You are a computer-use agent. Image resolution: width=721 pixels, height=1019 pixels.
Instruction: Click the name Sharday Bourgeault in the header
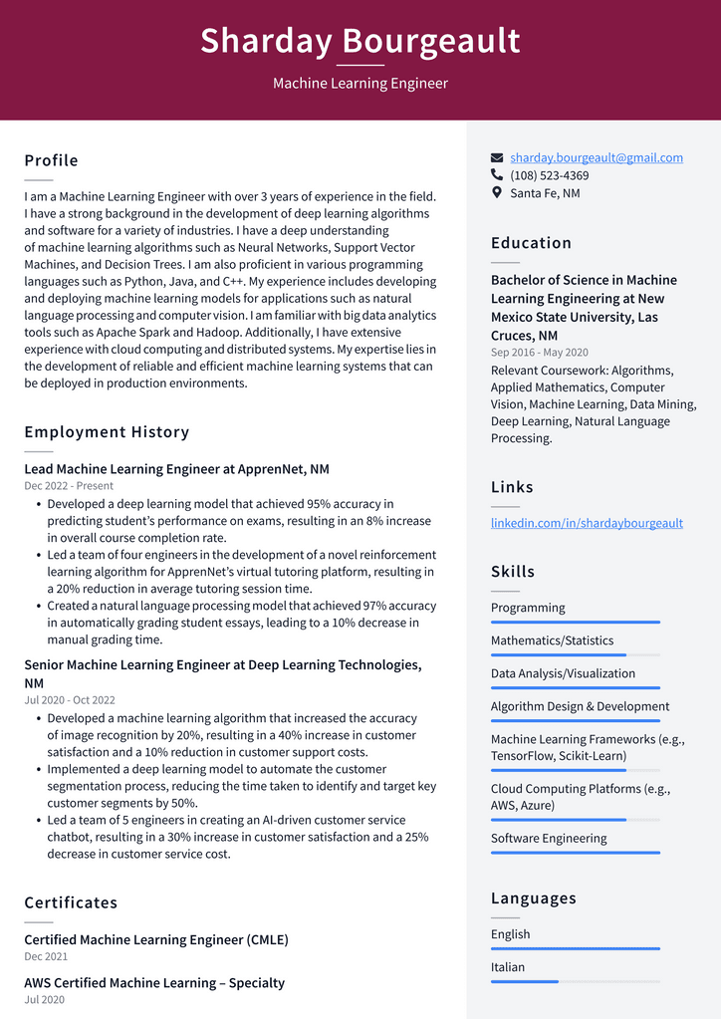click(x=360, y=41)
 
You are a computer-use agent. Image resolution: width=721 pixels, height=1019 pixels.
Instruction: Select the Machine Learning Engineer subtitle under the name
click(x=360, y=84)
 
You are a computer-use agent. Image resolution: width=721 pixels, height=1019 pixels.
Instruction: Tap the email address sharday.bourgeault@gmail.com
click(x=596, y=157)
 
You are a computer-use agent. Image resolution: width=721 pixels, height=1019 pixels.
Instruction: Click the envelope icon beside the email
click(x=497, y=157)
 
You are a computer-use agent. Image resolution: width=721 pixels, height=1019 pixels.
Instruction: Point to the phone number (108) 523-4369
click(x=549, y=175)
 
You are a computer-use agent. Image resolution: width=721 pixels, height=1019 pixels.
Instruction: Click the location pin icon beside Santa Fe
click(x=497, y=192)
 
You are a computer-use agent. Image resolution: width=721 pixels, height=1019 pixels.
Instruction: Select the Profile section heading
click(x=51, y=160)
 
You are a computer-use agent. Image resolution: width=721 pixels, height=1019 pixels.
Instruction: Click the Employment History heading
click(x=107, y=432)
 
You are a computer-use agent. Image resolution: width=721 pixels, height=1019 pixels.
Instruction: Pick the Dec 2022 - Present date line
click(x=69, y=486)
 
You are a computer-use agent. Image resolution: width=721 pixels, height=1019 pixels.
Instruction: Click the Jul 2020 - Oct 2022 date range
click(x=70, y=700)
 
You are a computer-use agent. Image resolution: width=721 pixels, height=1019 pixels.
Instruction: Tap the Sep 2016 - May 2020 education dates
click(x=539, y=353)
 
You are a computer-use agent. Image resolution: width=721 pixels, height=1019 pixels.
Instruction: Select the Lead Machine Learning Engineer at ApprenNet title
click(x=176, y=469)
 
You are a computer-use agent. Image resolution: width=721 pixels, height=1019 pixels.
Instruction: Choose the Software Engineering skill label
click(x=548, y=838)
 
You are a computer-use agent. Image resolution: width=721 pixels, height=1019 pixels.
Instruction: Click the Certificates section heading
click(x=71, y=902)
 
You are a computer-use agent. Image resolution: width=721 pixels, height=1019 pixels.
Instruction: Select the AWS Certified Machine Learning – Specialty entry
click(x=154, y=983)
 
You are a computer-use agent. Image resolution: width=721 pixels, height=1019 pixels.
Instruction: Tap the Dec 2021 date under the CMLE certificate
click(x=46, y=956)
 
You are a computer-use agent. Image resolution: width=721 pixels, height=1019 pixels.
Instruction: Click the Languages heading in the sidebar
click(x=533, y=897)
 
